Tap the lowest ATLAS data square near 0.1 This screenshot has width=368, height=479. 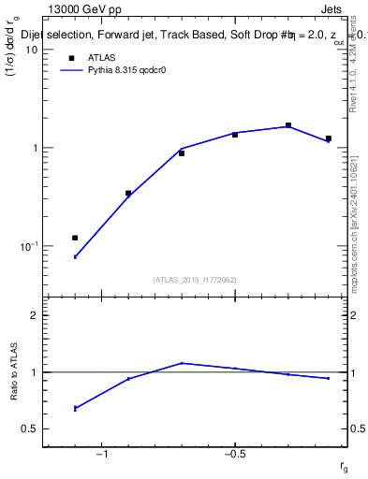tap(75, 238)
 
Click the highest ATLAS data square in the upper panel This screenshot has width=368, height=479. tap(288, 125)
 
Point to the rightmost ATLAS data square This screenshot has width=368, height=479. tap(329, 138)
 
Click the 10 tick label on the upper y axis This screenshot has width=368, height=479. tap(30, 50)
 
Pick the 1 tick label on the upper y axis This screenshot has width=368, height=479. tap(34, 148)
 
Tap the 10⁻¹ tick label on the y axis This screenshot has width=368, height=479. tap(27, 245)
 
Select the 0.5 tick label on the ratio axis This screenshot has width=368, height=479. tap(29, 429)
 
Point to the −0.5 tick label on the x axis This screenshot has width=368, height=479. tap(234, 454)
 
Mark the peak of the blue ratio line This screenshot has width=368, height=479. tap(182, 363)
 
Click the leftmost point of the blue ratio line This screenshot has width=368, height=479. tap(75, 408)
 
